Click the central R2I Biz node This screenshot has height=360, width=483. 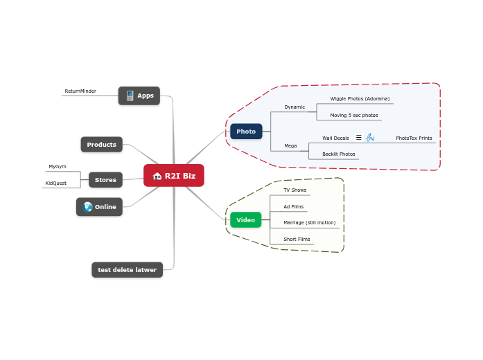click(174, 175)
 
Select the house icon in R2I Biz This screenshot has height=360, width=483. click(157, 176)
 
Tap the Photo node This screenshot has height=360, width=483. click(246, 132)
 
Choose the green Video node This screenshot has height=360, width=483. click(246, 220)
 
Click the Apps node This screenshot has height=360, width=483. click(139, 96)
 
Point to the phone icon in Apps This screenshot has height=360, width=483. click(130, 96)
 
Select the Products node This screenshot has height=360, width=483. click(102, 145)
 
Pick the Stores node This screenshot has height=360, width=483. click(105, 180)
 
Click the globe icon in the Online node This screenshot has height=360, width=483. click(87, 207)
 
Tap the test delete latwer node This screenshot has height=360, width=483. click(128, 270)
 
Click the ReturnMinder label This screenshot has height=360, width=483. click(80, 91)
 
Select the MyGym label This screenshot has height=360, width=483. click(58, 166)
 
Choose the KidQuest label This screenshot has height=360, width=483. click(55, 183)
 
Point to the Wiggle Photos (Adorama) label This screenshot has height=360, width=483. click(360, 99)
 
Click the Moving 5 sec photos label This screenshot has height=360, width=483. click(354, 116)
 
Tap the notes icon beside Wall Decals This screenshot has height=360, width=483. click(359, 138)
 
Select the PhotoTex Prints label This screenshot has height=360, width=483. click(414, 138)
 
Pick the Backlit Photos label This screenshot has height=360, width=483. click(339, 154)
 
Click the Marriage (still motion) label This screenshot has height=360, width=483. click(310, 222)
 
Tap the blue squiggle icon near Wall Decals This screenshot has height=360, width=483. click(370, 138)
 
